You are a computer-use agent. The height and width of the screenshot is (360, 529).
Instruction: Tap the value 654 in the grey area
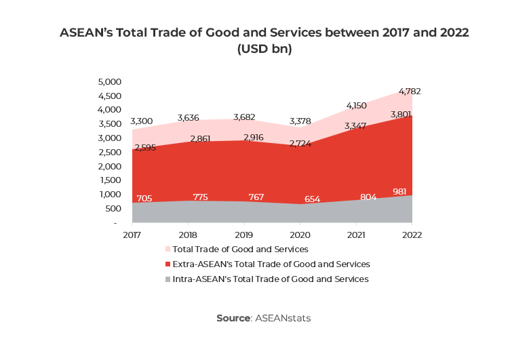coord(313,199)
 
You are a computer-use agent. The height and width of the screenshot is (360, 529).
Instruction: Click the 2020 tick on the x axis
coord(300,235)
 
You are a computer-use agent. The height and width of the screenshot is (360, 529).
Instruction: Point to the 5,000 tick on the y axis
coord(109,81)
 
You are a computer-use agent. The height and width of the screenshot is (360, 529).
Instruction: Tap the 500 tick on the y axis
coord(113,208)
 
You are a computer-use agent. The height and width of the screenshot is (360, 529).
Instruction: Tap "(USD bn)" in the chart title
coord(264,49)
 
